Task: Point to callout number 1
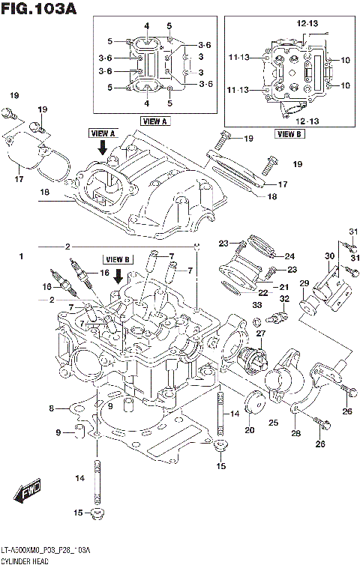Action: coord(22,257)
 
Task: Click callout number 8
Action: coord(52,408)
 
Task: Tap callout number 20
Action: coord(249,430)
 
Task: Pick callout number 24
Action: coord(289,255)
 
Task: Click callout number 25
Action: coord(274,423)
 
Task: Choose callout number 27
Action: coord(261,333)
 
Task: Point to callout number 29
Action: coord(304,283)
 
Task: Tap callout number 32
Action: coord(284,299)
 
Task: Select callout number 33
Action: coord(256,306)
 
